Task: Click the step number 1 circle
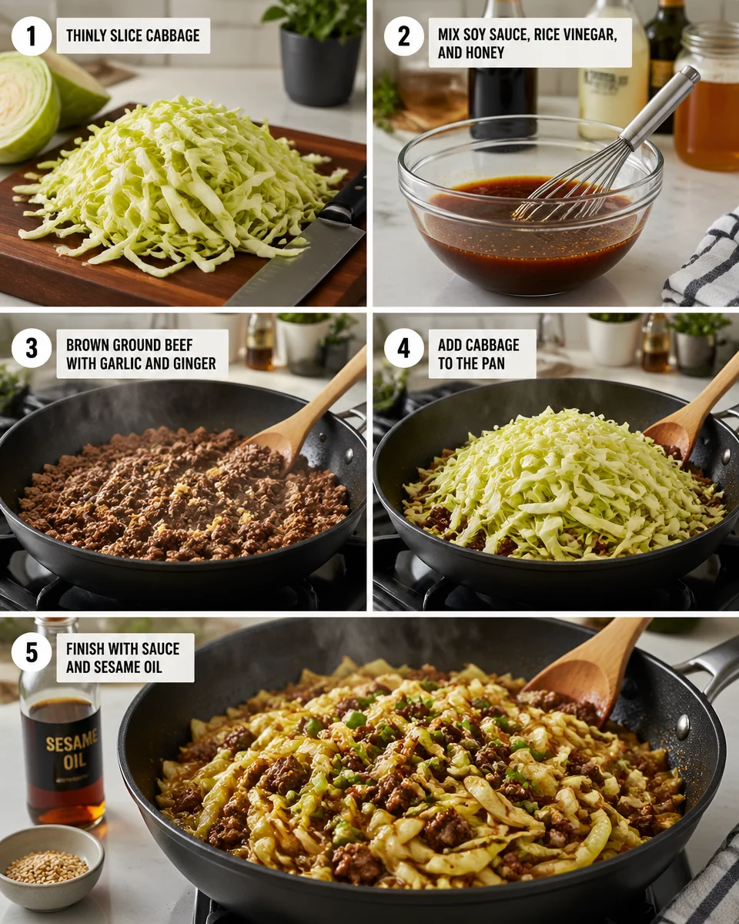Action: pos(32,36)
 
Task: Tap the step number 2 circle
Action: pos(404,36)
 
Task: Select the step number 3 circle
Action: pos(32,348)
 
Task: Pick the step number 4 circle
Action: pos(404,348)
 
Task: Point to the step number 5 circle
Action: pos(32,652)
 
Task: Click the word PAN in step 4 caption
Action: pos(503,363)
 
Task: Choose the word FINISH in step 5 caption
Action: pos(87,648)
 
